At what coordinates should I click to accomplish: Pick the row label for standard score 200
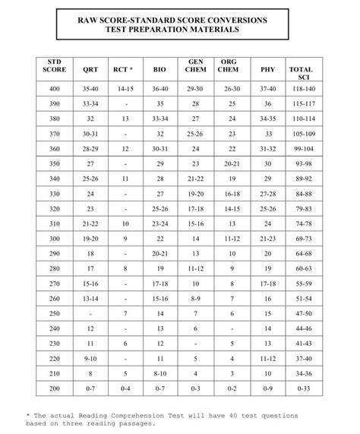[x=54, y=389]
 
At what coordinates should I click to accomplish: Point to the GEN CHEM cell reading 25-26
[x=195, y=133]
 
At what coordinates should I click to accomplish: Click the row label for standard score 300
[x=54, y=239]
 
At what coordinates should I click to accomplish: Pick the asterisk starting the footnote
[x=28, y=415]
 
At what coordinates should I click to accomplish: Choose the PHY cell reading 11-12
[x=267, y=359]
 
